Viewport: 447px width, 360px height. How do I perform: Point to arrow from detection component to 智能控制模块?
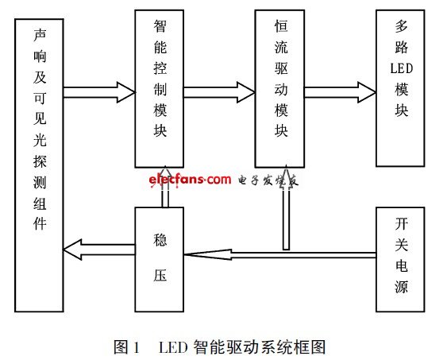point(99,92)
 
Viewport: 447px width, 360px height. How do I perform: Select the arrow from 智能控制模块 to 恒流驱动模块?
point(219,92)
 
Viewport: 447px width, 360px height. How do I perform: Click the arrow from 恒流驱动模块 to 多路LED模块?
point(340,92)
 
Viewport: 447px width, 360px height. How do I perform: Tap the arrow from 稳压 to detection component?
point(99,250)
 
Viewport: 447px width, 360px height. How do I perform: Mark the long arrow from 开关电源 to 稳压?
point(280,255)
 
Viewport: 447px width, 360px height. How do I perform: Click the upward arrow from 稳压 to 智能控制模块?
point(165,187)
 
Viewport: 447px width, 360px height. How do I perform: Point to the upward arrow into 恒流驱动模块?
point(286,207)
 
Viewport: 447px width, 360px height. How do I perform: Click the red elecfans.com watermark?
point(190,180)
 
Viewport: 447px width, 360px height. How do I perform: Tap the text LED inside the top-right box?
point(402,68)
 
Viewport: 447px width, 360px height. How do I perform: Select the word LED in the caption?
point(173,347)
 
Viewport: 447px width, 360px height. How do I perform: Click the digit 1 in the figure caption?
point(137,347)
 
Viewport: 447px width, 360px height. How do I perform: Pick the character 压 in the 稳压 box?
point(160,275)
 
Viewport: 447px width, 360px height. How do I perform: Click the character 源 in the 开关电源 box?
point(402,286)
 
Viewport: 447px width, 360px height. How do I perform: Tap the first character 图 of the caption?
point(121,347)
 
